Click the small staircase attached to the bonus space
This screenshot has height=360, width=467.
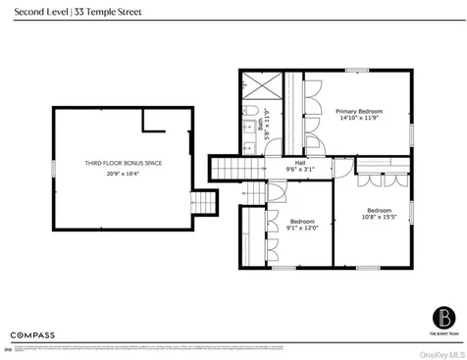point(202,203)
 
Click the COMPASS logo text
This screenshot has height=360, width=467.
point(33,334)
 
